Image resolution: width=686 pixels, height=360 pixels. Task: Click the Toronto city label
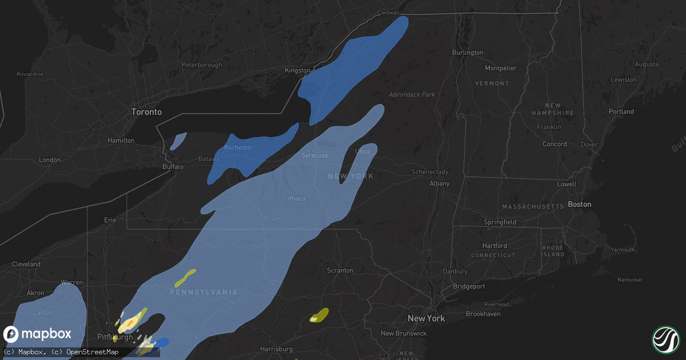146,112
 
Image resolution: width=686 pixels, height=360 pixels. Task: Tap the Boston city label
579,205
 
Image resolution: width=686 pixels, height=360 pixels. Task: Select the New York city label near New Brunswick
426,318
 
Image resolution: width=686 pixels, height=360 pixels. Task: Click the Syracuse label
315,155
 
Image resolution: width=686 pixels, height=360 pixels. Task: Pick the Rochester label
238,147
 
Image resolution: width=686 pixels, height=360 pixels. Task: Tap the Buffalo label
173,167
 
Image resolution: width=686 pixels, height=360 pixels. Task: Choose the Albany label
440,183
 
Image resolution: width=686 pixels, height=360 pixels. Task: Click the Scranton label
340,270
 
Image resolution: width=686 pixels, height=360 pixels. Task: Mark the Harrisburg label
276,349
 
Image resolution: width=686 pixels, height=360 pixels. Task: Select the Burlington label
467,53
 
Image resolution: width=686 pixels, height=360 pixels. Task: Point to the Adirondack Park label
412,94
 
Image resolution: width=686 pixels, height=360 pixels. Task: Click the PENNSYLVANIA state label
204,293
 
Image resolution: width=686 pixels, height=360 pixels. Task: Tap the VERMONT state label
492,83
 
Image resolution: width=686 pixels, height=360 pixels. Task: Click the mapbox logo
38,334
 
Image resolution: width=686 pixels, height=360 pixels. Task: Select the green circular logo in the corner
665,339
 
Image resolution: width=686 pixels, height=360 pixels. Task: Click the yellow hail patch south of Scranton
319,315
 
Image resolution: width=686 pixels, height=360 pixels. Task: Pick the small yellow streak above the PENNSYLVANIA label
185,277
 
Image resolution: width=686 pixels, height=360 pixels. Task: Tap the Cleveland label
26,265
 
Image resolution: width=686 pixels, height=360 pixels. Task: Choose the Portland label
621,112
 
